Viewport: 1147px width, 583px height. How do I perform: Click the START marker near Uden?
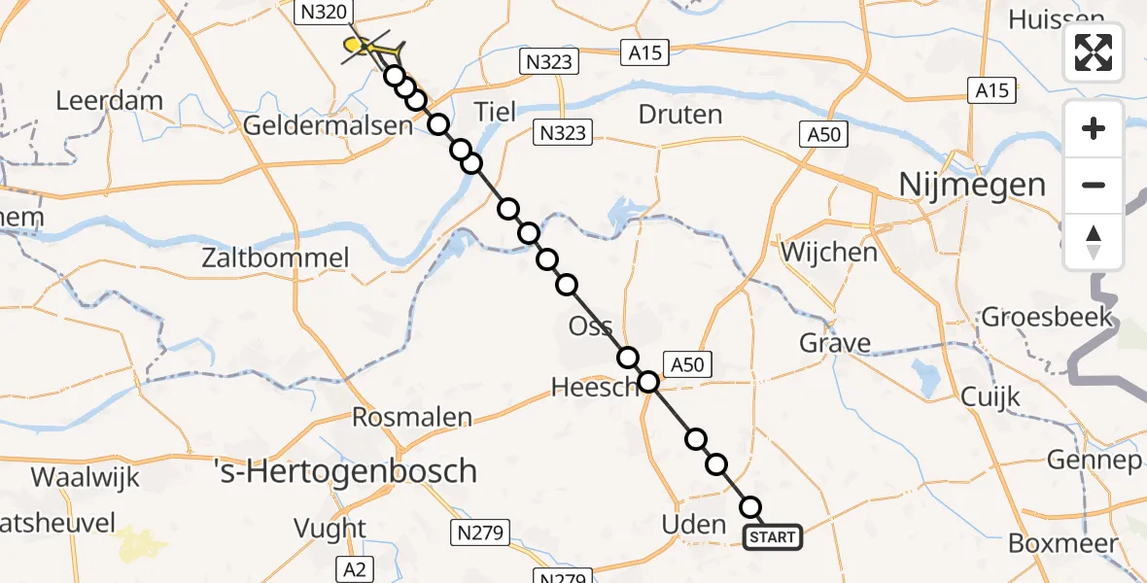click(x=774, y=536)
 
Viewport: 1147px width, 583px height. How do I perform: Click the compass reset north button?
click(x=1094, y=242)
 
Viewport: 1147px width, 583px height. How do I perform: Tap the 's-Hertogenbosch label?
click(x=345, y=472)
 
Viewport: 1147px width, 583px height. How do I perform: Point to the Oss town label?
click(x=590, y=326)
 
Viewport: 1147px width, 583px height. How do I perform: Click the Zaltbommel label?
click(x=275, y=258)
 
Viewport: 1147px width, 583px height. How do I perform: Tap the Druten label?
click(x=679, y=115)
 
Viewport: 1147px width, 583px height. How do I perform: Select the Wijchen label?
click(x=828, y=253)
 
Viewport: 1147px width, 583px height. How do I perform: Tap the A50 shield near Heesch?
click(x=688, y=364)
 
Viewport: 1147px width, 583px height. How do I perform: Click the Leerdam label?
click(x=109, y=101)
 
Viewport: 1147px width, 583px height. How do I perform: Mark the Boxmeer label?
click(x=1062, y=544)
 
